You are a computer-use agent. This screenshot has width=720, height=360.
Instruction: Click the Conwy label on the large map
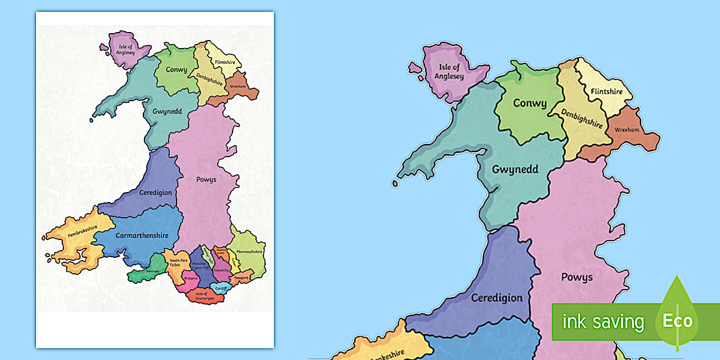[529, 104]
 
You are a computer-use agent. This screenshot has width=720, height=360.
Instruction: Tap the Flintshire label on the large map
[607, 91]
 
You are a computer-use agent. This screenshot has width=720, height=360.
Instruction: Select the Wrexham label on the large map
[626, 130]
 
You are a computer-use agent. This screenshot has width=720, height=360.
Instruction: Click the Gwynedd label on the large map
[515, 169]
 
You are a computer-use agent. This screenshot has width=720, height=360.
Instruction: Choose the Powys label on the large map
[577, 278]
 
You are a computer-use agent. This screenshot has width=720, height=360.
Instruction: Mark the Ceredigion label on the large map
[497, 298]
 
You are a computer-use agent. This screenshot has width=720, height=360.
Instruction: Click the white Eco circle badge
[677, 321]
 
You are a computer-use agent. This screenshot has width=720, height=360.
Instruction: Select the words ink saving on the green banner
[603, 322]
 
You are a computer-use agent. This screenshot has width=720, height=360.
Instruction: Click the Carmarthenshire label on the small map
[133, 235]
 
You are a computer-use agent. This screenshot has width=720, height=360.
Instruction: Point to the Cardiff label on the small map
[221, 288]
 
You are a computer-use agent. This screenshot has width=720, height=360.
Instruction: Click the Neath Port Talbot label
[175, 263]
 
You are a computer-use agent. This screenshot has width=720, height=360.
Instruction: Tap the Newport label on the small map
[241, 278]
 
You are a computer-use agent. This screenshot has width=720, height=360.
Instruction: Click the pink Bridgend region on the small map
[190, 279]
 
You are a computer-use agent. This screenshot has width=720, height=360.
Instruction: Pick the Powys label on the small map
[206, 179]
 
